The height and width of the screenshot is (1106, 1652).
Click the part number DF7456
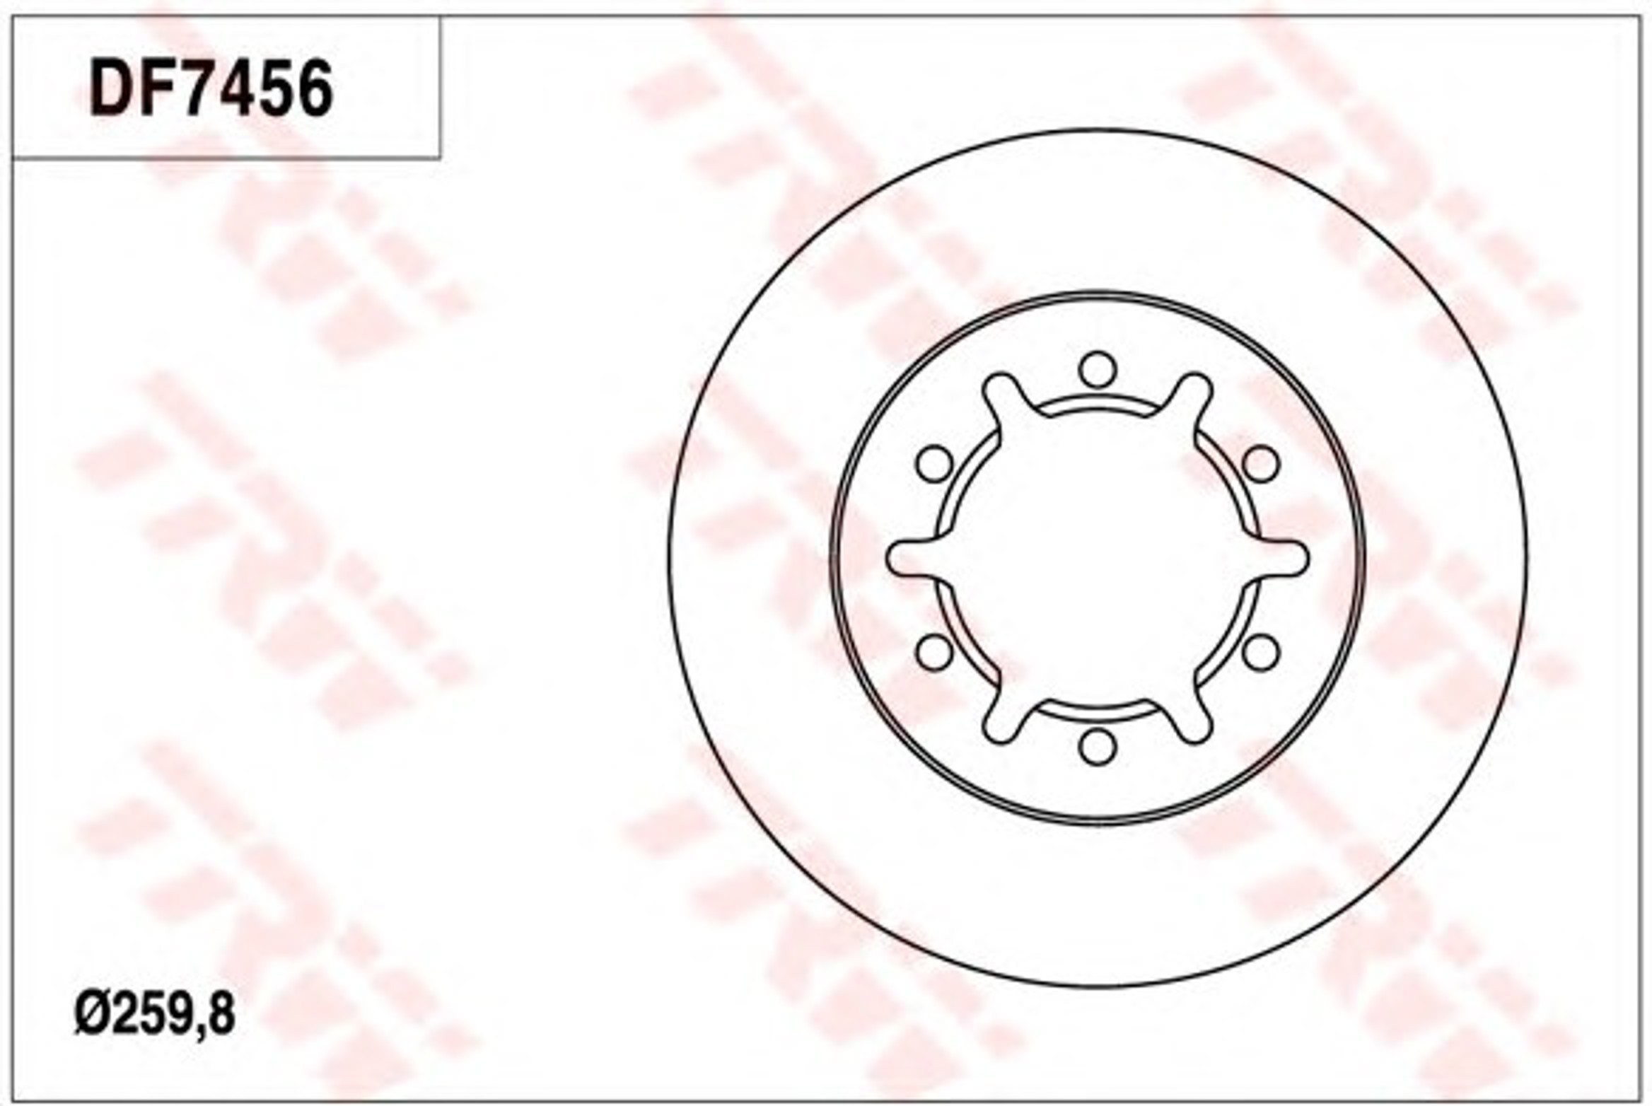pyautogui.click(x=211, y=88)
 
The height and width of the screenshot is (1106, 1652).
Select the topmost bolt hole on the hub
pyautogui.click(x=1098, y=370)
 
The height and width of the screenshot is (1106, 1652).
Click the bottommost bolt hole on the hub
pyautogui.click(x=1098, y=747)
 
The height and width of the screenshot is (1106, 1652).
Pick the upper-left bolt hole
pyautogui.click(x=934, y=464)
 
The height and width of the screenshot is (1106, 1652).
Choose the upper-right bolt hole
pyautogui.click(x=1260, y=464)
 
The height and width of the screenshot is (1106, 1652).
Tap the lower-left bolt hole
pyautogui.click(x=934, y=652)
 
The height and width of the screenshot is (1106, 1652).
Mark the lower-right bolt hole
pyautogui.click(x=1260, y=652)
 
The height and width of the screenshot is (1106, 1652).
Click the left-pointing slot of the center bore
pyautogui.click(x=912, y=559)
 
